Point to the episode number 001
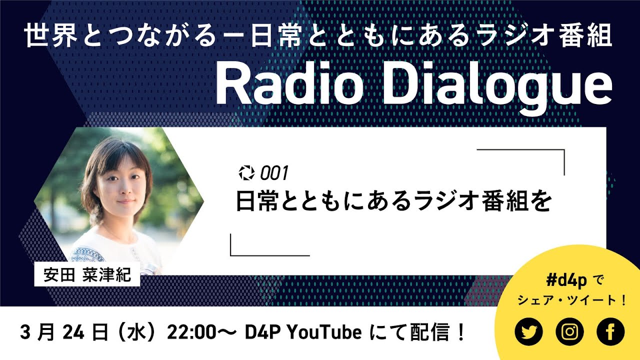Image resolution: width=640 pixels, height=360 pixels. pos(274,173)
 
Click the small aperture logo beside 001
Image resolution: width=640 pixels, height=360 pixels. pos(246,173)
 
